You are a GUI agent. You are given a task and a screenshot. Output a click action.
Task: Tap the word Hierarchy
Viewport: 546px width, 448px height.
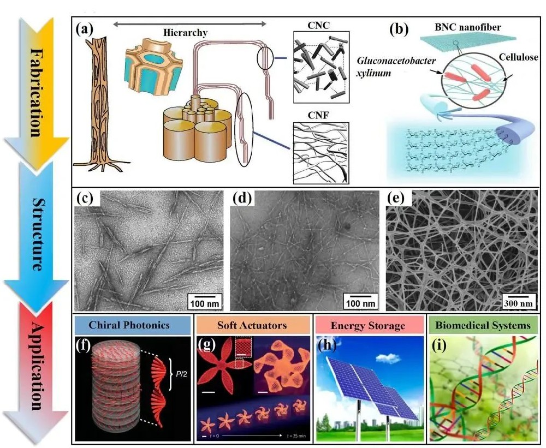[x=186, y=33]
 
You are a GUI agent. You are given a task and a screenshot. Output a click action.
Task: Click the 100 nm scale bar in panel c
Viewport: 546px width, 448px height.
[x=205, y=302]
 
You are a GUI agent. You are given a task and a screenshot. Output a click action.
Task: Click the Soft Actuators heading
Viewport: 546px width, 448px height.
[x=252, y=325]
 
